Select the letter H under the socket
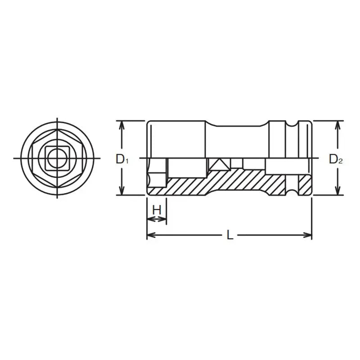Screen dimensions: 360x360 tap(157, 210)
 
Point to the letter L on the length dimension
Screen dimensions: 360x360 tap(230, 235)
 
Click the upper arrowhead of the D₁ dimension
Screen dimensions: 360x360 tap(121, 124)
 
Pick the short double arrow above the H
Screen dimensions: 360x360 tap(157, 219)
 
